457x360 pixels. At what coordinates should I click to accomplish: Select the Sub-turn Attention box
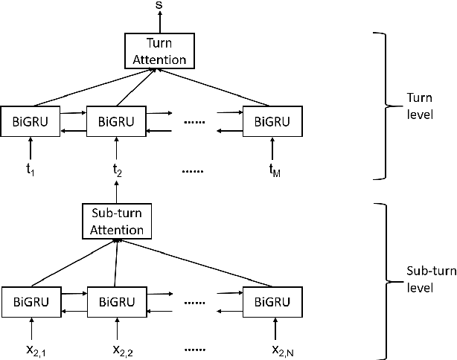116,222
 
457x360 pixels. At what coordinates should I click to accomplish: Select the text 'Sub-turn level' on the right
426,279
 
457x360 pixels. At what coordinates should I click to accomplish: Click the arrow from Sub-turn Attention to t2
117,192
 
